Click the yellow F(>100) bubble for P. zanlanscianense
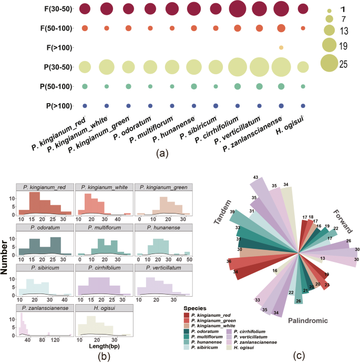(281, 47)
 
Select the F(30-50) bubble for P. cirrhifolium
(238, 8)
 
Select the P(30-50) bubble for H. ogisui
(303, 67)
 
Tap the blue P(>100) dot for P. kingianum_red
(84, 106)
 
